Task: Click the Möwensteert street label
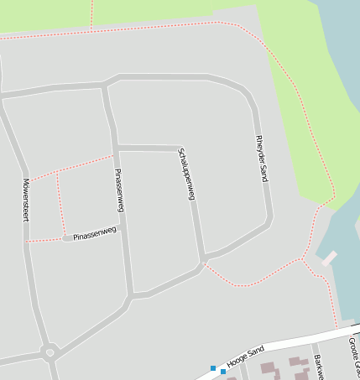tap(26, 199)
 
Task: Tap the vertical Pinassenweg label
tap(119, 190)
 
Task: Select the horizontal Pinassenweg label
tap(94, 235)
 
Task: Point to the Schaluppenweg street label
tap(185, 174)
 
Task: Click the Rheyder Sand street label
tap(262, 158)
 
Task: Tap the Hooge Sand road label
tap(245, 352)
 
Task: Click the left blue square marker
tap(213, 368)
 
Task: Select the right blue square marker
tap(223, 371)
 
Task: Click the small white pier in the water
tap(328, 258)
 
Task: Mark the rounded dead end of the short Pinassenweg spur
tap(66, 238)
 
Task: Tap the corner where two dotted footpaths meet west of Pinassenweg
tap(57, 174)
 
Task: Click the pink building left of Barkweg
tap(269, 367)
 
